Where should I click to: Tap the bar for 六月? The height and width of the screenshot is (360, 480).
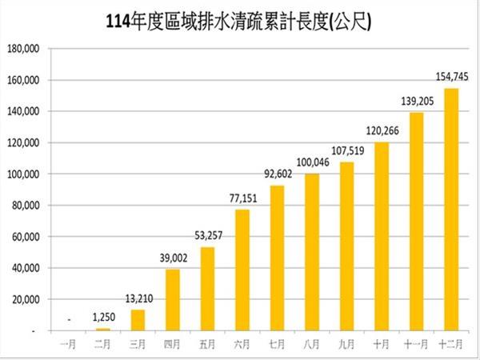[x=242, y=270]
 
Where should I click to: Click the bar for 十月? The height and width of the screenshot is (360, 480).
[x=382, y=237]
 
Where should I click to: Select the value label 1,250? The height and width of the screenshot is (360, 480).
[x=102, y=318]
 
